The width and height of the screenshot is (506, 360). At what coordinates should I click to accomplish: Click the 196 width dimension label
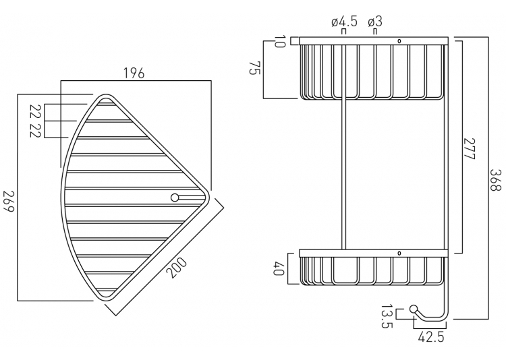coord(134,73)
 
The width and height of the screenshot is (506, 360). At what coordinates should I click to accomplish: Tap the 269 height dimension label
coord(9,201)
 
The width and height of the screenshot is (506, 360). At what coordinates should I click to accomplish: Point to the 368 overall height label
coord(495,178)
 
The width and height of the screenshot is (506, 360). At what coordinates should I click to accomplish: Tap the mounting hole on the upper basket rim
coord(400,41)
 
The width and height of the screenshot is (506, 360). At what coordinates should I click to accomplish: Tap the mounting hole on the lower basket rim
coord(400,253)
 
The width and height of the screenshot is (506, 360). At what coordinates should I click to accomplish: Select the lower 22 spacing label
coord(36,129)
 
